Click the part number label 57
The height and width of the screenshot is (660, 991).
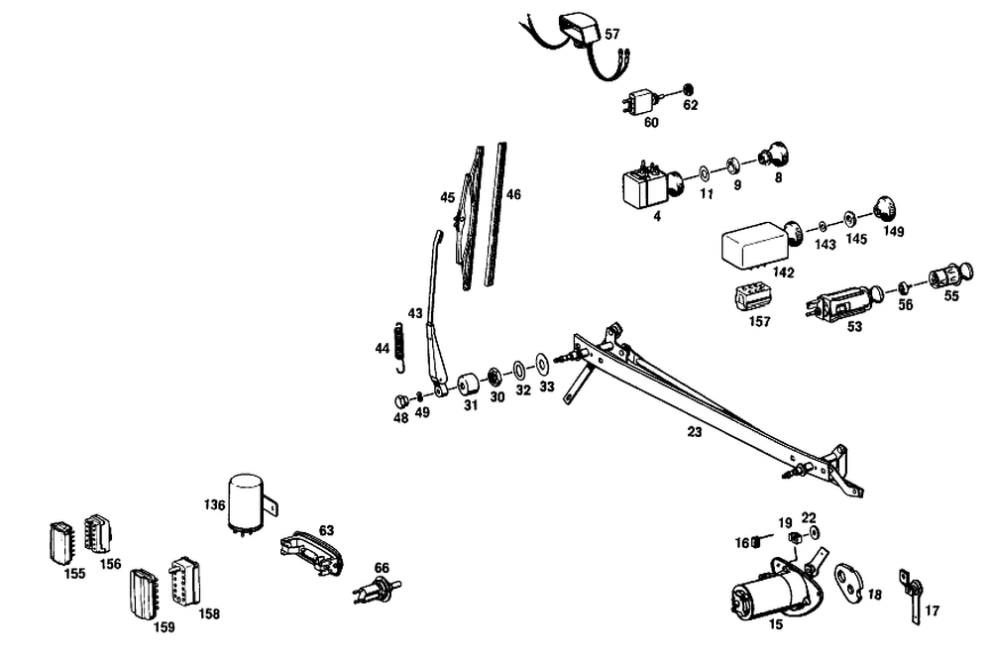tap(612, 34)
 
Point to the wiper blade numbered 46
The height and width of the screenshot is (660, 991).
tap(495, 213)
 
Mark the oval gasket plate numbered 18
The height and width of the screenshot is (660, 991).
tap(848, 579)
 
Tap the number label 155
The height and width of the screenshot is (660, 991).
tap(74, 574)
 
